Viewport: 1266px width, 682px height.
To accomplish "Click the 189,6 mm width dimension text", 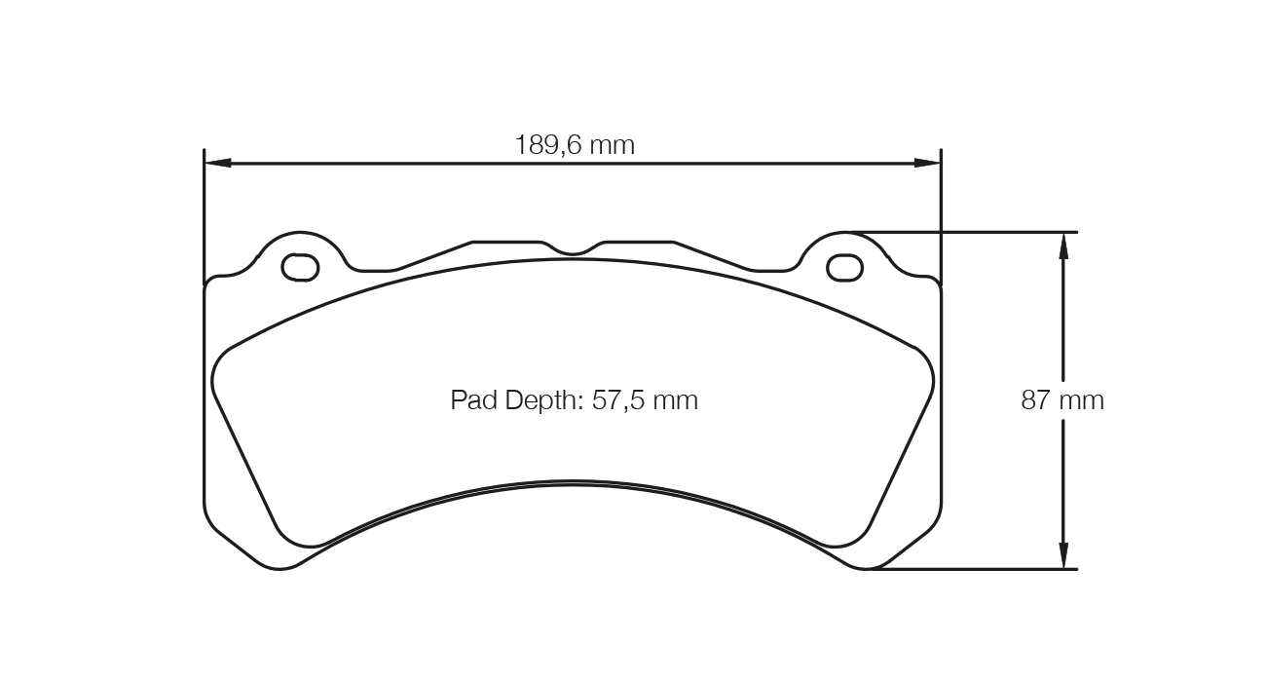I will pyautogui.click(x=575, y=146).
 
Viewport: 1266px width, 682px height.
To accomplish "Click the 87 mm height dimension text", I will pyautogui.click(x=1062, y=400).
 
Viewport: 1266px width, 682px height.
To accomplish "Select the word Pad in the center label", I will pyautogui.click(x=472, y=400).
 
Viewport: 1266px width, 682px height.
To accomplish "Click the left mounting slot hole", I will pyautogui.click(x=300, y=266).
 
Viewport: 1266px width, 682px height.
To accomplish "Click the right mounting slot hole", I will pyautogui.click(x=844, y=266).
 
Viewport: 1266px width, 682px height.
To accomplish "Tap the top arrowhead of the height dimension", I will pyautogui.click(x=1063, y=245).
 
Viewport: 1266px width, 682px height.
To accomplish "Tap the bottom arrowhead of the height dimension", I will pyautogui.click(x=1063, y=556).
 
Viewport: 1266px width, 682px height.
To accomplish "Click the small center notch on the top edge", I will pyautogui.click(x=573, y=250).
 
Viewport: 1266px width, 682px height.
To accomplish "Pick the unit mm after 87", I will pyautogui.click(x=1085, y=400).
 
